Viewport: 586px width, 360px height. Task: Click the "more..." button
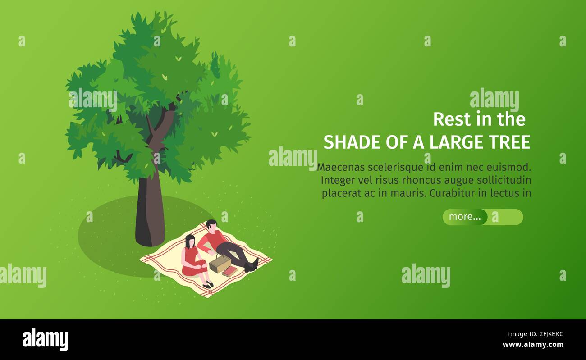pyautogui.click(x=465, y=217)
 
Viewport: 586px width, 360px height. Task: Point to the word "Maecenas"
pyautogui.click(x=341, y=167)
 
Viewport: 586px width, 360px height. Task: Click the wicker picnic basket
pyautogui.click(x=220, y=264)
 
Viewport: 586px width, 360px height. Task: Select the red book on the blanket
pyautogui.click(x=229, y=271)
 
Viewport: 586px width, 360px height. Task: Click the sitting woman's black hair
pyautogui.click(x=190, y=241)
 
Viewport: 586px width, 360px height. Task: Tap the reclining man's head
pyautogui.click(x=211, y=224)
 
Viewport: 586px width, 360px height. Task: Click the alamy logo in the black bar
pyautogui.click(x=45, y=340)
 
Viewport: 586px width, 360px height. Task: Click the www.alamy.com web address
pyautogui.click(x=533, y=345)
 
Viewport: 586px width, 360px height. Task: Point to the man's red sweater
pyautogui.click(x=213, y=239)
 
